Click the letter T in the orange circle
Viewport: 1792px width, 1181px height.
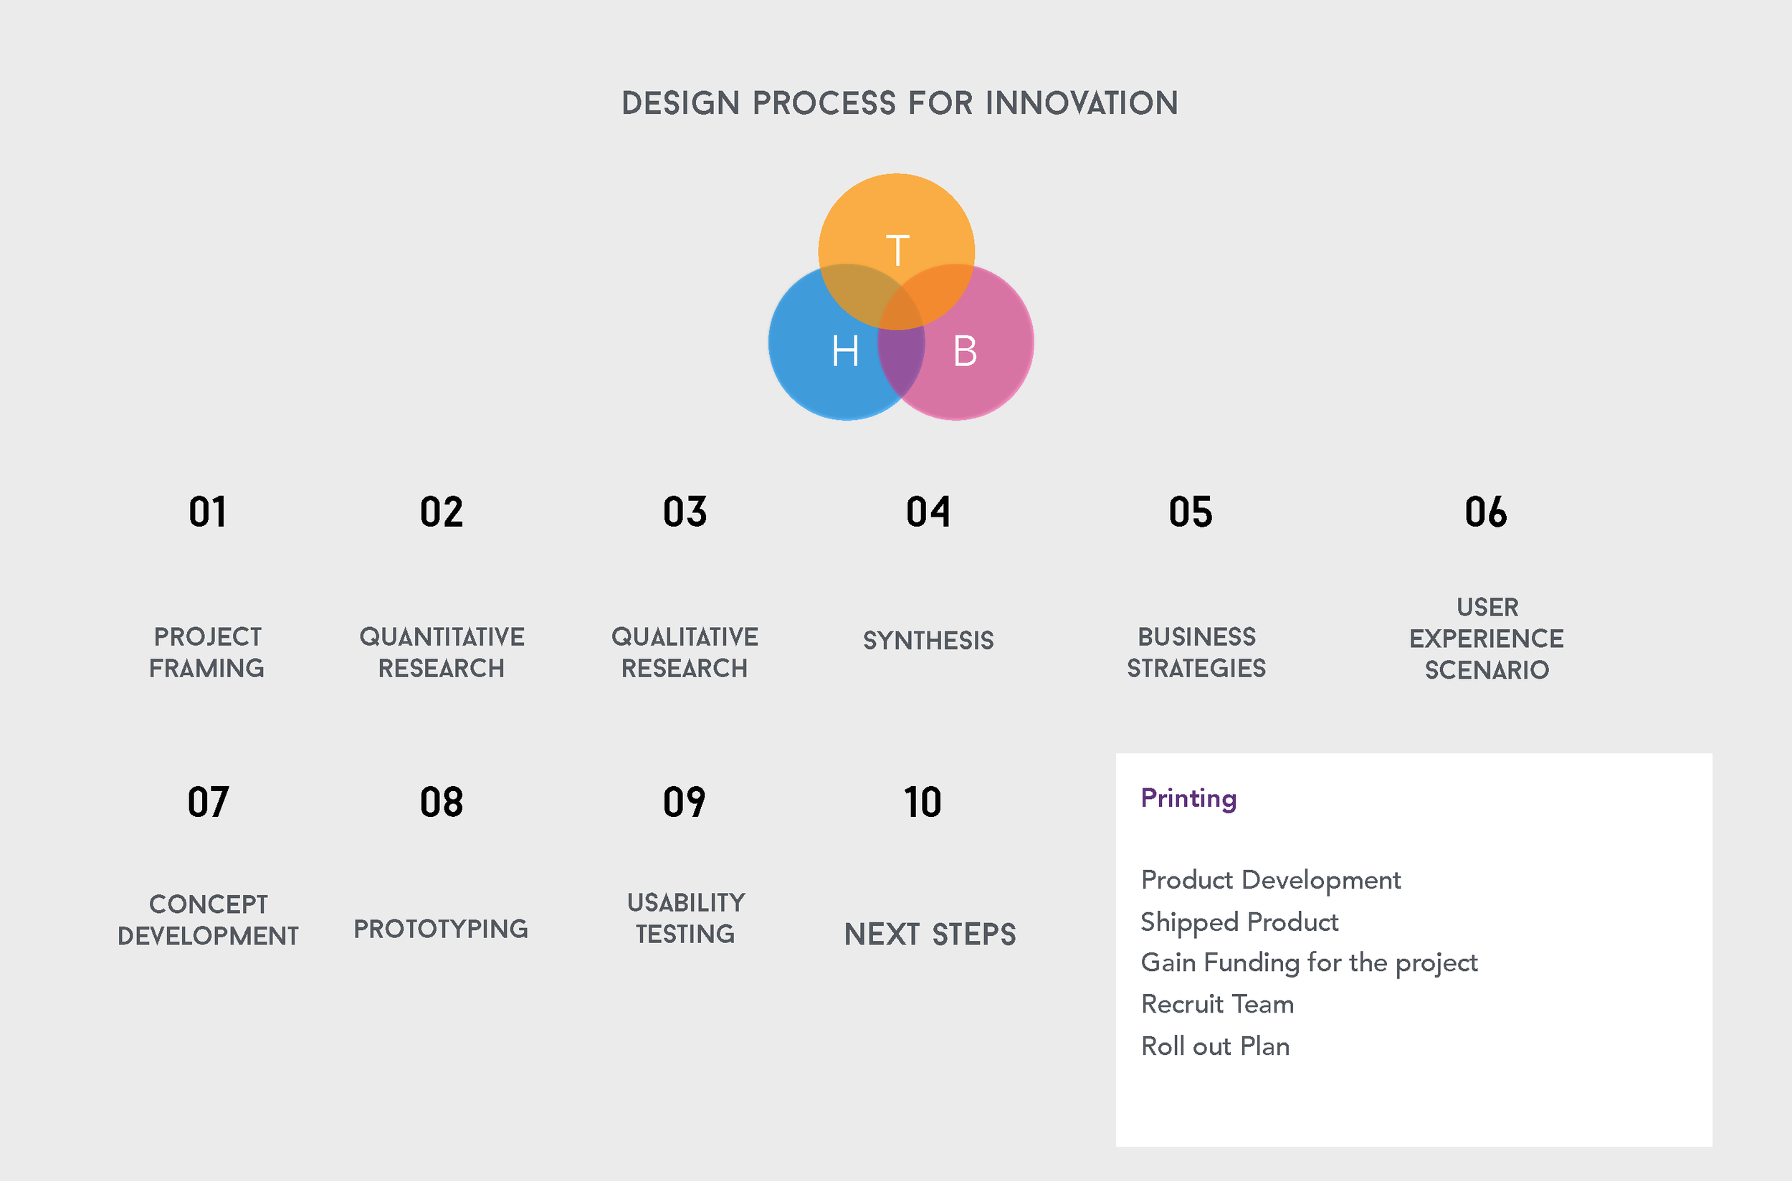pyautogui.click(x=897, y=250)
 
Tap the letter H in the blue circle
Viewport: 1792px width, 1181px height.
pyautogui.click(x=845, y=351)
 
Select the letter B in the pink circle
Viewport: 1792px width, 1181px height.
pyautogui.click(x=964, y=351)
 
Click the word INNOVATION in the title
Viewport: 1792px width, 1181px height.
pyautogui.click(x=1082, y=103)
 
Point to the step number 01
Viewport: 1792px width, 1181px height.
pyautogui.click(x=207, y=512)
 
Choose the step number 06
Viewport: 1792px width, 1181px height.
pyautogui.click(x=1485, y=512)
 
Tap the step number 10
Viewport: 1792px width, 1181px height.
pyautogui.click(x=923, y=802)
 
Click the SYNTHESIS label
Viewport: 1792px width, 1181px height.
pyautogui.click(x=928, y=640)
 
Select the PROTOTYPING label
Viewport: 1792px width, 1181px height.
pyautogui.click(x=441, y=929)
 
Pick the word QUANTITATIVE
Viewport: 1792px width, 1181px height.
pyautogui.click(x=442, y=637)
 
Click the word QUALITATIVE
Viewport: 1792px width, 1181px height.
pyautogui.click(x=685, y=637)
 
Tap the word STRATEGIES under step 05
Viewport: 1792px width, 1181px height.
pyautogui.click(x=1196, y=669)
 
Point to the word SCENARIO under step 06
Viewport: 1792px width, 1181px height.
pyautogui.click(x=1487, y=670)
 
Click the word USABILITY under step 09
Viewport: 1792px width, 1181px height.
pyautogui.click(x=685, y=902)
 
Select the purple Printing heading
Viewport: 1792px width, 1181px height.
pyautogui.click(x=1188, y=798)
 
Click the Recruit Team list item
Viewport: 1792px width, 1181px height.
pyautogui.click(x=1217, y=1004)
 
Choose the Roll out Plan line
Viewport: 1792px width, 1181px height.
pyautogui.click(x=1215, y=1046)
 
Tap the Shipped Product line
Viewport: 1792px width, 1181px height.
pyautogui.click(x=1239, y=922)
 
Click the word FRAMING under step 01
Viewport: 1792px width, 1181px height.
pyautogui.click(x=206, y=669)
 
